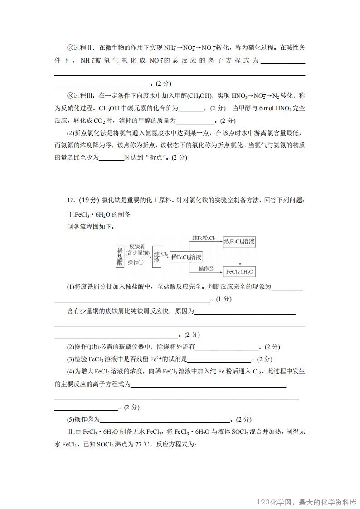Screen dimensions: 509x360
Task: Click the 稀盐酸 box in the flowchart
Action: [120, 257]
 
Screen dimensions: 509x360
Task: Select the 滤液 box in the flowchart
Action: [157, 257]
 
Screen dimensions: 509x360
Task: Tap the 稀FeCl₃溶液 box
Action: [186, 257]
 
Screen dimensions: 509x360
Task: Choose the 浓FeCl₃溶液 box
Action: [239, 242]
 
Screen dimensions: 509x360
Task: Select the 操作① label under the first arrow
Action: [136, 262]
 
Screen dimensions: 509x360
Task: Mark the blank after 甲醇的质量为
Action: [195, 121]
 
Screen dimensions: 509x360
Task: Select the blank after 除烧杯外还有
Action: [226, 347]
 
